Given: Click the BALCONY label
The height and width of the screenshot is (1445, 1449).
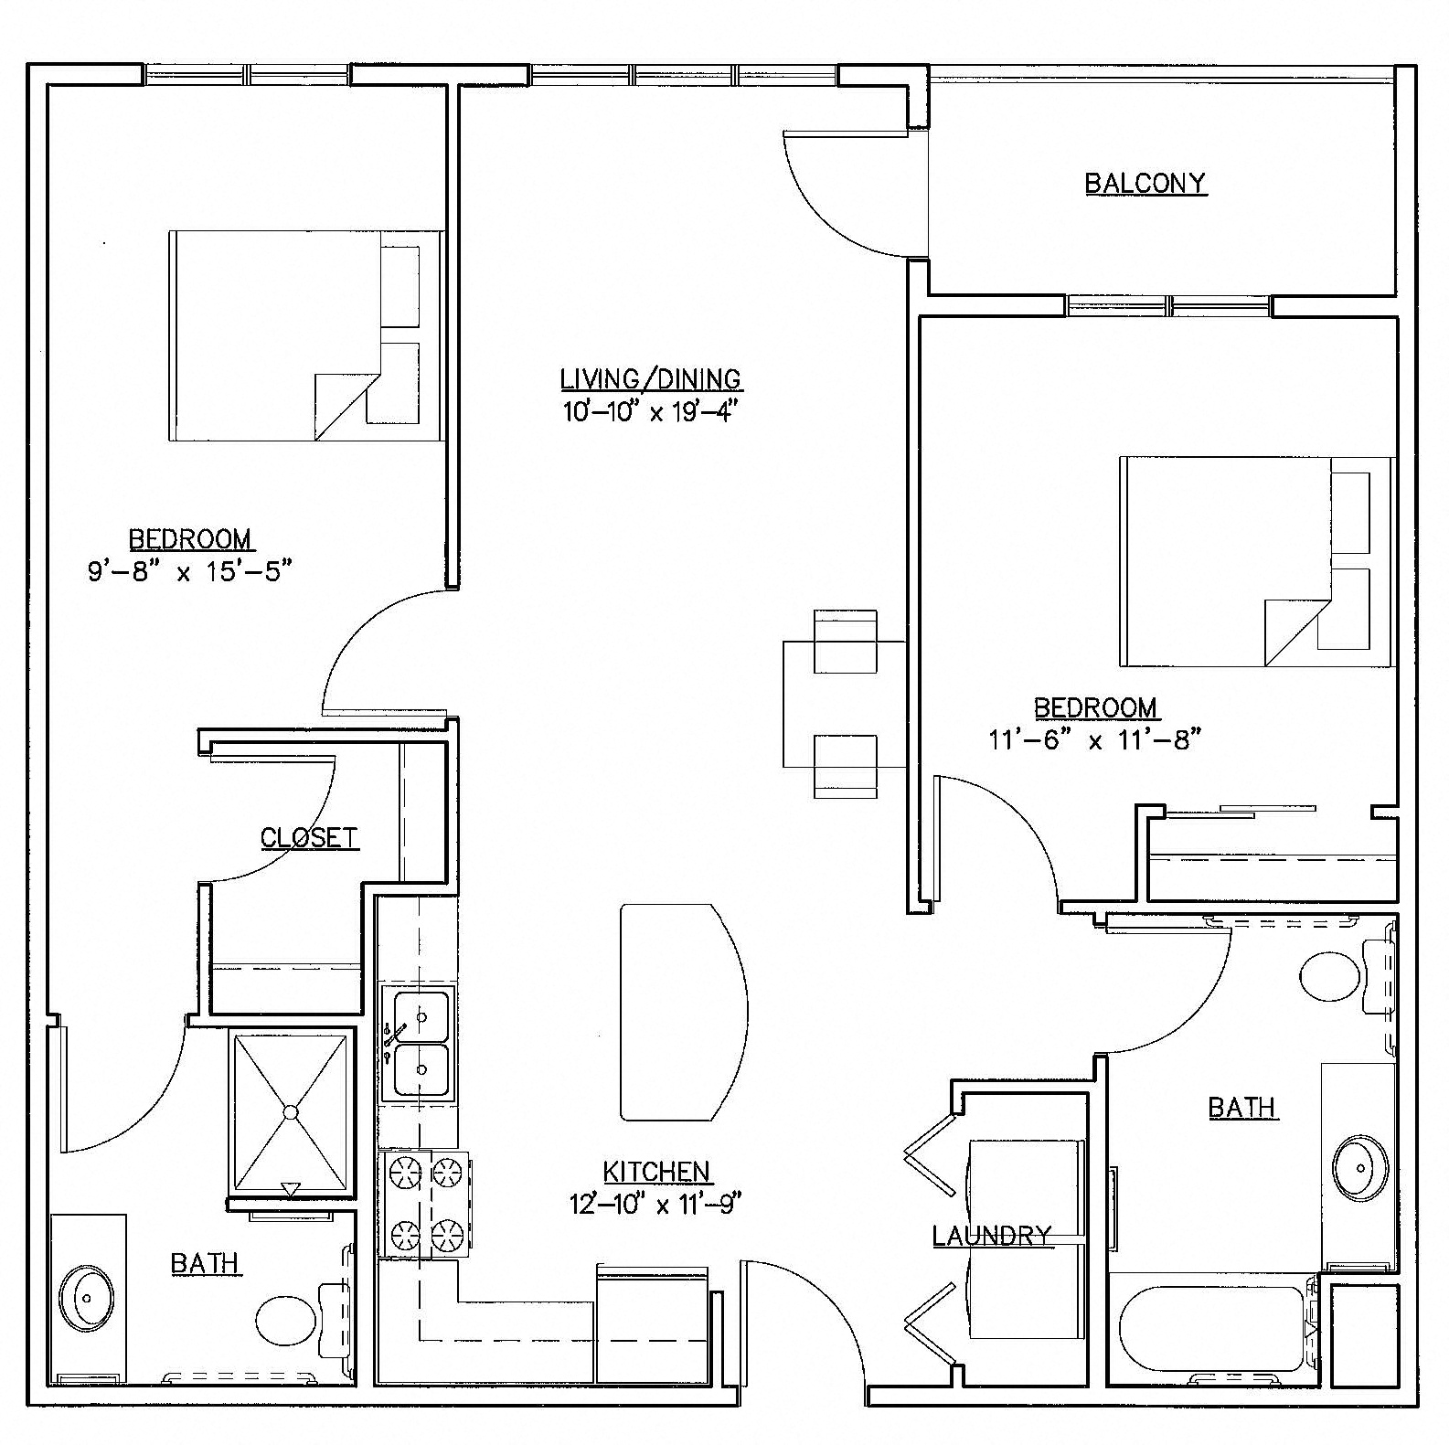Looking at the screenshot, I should pos(1145,184).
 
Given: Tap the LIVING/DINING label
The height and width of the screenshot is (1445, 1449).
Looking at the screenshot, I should pos(651,378).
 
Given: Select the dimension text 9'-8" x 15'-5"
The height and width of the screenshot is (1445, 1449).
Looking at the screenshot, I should pos(189,572).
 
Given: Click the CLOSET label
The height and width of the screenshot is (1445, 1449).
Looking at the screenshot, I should pos(309,837).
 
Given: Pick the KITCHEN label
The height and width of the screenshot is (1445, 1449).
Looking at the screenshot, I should pos(656,1171).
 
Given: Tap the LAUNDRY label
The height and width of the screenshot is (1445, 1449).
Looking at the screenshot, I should pos(991,1236).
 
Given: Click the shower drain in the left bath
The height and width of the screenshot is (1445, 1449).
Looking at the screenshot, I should pos(291,1111).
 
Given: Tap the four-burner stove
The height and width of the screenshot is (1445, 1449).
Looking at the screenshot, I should pos(424,1203).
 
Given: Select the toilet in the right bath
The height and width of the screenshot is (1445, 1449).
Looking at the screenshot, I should pos(1331,977).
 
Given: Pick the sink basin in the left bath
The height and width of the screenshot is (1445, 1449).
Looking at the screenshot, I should pos(87,1296).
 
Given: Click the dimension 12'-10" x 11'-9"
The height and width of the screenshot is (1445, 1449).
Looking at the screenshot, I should pos(654,1204).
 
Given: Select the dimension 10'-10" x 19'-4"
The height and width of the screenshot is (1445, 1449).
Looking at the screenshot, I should pos(649,411).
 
